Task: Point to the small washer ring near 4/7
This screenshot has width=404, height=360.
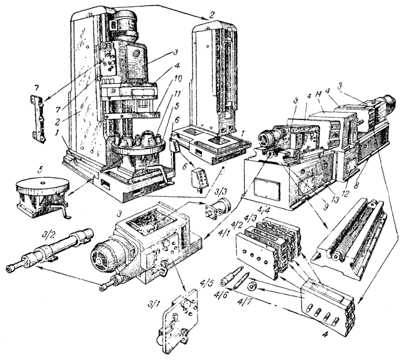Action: tap(253, 285)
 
